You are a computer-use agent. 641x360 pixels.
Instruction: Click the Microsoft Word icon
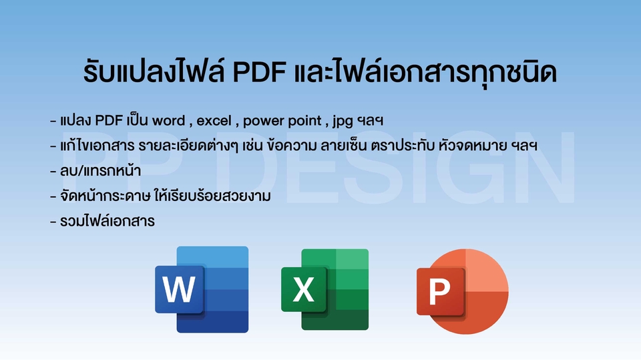click(202, 289)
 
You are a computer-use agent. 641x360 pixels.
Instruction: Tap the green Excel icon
click(325, 289)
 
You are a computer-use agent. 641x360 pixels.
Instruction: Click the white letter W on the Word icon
click(179, 290)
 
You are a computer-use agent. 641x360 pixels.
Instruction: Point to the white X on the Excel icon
click(304, 290)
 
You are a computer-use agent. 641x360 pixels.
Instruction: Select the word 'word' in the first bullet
click(169, 122)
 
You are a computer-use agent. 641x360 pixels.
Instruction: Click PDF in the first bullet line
click(110, 122)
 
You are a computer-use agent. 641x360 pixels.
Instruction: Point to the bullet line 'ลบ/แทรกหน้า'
click(99, 170)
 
